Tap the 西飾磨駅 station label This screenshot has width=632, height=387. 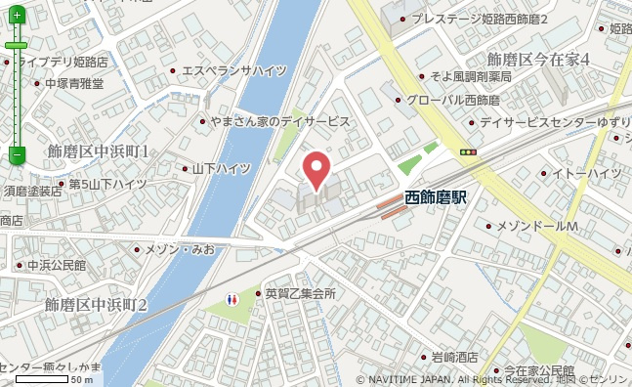click(436, 197)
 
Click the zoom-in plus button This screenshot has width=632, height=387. click(17, 16)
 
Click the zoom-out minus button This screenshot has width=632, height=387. click(17, 154)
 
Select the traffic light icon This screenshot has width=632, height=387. click(468, 151)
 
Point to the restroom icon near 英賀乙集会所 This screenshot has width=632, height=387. click(232, 298)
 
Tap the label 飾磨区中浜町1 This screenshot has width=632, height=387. click(98, 151)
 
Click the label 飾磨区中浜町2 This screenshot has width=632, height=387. click(96, 305)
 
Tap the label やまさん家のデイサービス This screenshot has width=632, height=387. click(279, 120)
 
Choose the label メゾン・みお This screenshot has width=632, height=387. click(180, 249)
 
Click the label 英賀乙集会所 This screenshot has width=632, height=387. click(300, 293)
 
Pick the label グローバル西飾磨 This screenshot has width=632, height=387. click(452, 100)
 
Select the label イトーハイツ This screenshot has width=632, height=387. click(586, 173)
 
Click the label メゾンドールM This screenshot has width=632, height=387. click(537, 227)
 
